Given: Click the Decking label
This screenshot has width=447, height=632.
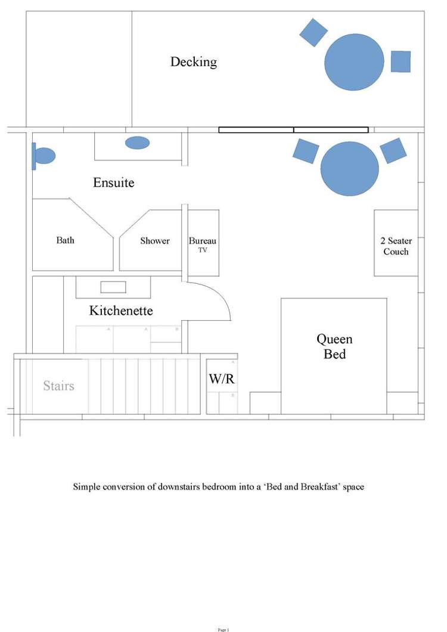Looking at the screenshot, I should pyautogui.click(x=193, y=62).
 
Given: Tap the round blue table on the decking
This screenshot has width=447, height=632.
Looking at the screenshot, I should pyautogui.click(x=354, y=62).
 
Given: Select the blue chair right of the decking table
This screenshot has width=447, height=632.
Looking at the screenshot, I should pyautogui.click(x=401, y=61).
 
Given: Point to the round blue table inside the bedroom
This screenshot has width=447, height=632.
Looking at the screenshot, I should pyautogui.click(x=350, y=168).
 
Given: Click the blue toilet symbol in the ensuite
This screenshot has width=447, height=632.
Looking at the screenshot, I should pyautogui.click(x=44, y=156).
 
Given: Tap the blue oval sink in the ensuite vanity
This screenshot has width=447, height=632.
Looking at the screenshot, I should pyautogui.click(x=138, y=142).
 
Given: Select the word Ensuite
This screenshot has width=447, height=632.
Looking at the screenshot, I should pyautogui.click(x=113, y=183).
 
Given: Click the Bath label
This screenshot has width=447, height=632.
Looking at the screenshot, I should pyautogui.click(x=66, y=241).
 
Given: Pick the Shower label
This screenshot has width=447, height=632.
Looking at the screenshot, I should pyautogui.click(x=155, y=241).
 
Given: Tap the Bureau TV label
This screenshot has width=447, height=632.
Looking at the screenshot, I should pyautogui.click(x=203, y=244).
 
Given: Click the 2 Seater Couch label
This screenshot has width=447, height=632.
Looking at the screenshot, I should pyautogui.click(x=396, y=246).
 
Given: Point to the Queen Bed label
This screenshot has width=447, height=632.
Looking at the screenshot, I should pyautogui.click(x=334, y=346).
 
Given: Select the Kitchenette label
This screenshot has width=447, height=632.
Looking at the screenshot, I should pyautogui.click(x=121, y=311).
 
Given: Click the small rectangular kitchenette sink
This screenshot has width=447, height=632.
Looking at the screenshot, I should pyautogui.click(x=113, y=287).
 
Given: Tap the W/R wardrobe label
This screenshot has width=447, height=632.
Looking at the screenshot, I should pyautogui.click(x=221, y=379).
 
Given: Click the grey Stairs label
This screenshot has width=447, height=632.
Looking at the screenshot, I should pyautogui.click(x=58, y=386).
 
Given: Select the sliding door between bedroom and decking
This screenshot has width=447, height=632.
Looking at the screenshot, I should pyautogui.click(x=293, y=129).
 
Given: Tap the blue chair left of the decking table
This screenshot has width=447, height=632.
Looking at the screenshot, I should pyautogui.click(x=313, y=32).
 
